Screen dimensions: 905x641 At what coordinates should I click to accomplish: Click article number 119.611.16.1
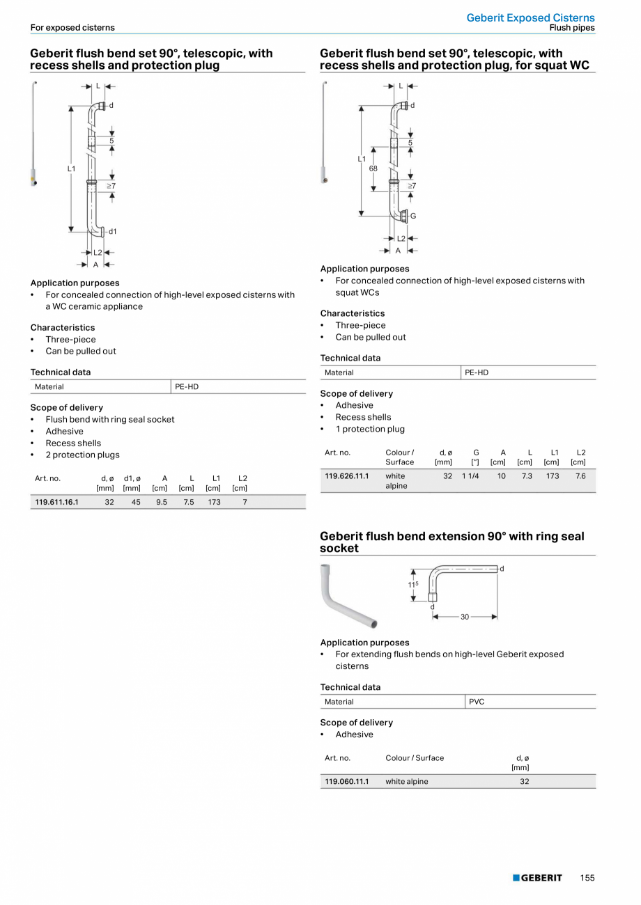pos(56,502)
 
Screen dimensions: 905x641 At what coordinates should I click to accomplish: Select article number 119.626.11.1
pos(346,476)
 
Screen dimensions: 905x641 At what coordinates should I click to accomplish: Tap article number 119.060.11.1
pos(346,781)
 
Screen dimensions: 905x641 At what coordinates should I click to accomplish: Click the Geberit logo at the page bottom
pos(537,878)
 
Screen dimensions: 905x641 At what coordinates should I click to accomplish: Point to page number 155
pos(587,878)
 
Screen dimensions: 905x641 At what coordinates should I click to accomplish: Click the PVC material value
pos(477,702)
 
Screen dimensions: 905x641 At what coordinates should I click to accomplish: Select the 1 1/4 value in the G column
pos(470,476)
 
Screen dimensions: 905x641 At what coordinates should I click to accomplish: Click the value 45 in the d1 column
pos(135,502)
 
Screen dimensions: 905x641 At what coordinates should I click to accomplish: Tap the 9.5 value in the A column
pos(162,502)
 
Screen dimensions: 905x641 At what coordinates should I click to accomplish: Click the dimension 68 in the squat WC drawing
pos(373,168)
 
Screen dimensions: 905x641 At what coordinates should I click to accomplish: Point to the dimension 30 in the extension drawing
pos(465,617)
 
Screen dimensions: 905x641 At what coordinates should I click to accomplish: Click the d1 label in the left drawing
pos(112,231)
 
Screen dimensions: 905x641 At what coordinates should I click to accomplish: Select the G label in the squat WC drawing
pos(413,216)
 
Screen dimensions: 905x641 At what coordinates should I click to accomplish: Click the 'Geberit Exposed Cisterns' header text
pos(530,17)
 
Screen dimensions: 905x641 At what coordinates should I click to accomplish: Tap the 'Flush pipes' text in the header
pos(572,28)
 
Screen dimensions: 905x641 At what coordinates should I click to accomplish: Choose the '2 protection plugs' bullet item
pos(82,455)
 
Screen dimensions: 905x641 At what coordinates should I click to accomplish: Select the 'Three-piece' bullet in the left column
pos(70,339)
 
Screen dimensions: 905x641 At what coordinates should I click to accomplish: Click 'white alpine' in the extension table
pos(407,781)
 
